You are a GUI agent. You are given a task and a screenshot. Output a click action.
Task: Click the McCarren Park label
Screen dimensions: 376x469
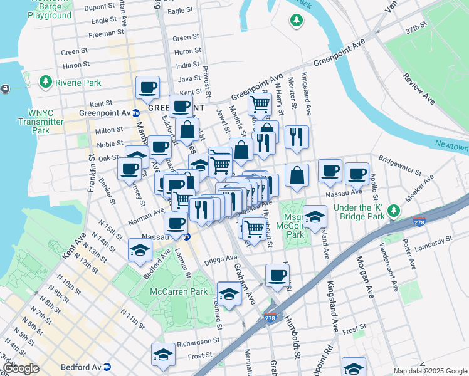click(x=179, y=291)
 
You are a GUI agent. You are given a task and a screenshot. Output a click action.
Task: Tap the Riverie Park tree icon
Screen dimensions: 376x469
click(x=45, y=82)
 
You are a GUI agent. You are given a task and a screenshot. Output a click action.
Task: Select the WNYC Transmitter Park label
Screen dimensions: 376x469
click(x=41, y=122)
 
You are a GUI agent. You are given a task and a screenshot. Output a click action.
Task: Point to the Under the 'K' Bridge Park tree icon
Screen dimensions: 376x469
click(x=394, y=209)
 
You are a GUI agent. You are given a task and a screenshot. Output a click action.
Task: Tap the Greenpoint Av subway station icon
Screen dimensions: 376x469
click(x=136, y=113)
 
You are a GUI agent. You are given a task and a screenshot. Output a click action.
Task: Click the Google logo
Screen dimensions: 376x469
click(x=21, y=368)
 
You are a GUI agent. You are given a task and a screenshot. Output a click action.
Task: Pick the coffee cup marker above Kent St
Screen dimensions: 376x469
click(x=147, y=87)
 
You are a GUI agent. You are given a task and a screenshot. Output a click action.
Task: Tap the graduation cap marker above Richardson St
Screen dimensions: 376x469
click(x=163, y=355)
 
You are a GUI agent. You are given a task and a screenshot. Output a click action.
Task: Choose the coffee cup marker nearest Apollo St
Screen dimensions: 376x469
click(x=357, y=174)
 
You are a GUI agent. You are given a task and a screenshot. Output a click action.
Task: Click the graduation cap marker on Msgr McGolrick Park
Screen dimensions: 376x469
click(x=315, y=216)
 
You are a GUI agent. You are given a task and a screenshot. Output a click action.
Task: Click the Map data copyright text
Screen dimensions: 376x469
click(x=430, y=371)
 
